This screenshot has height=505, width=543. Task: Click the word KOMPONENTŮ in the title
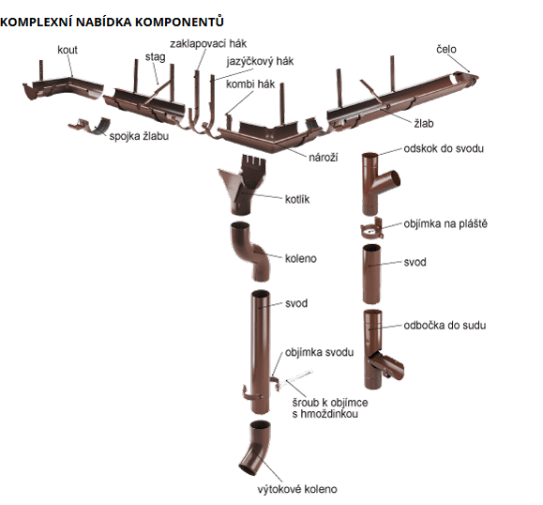point(179,22)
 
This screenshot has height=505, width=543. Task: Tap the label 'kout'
point(68,50)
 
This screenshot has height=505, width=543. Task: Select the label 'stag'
point(155,57)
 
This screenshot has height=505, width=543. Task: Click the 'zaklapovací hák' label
point(208,44)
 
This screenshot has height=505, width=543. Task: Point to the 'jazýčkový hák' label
point(260,61)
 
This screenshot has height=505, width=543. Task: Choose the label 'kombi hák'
point(250,84)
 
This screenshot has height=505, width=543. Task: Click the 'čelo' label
point(446,49)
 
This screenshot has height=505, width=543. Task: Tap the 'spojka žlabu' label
point(139,136)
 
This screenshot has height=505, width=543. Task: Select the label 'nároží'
point(324,157)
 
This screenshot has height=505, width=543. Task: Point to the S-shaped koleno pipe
point(250,252)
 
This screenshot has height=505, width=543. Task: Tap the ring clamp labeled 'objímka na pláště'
point(372,229)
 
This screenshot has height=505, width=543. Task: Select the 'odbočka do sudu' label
point(445,325)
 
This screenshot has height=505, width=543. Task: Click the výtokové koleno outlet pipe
point(256,448)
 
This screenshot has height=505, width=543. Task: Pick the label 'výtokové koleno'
point(297,489)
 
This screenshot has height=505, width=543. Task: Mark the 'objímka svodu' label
point(319,353)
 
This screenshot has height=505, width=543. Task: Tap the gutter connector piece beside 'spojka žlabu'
point(89,126)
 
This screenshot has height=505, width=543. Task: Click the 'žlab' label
point(424,123)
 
